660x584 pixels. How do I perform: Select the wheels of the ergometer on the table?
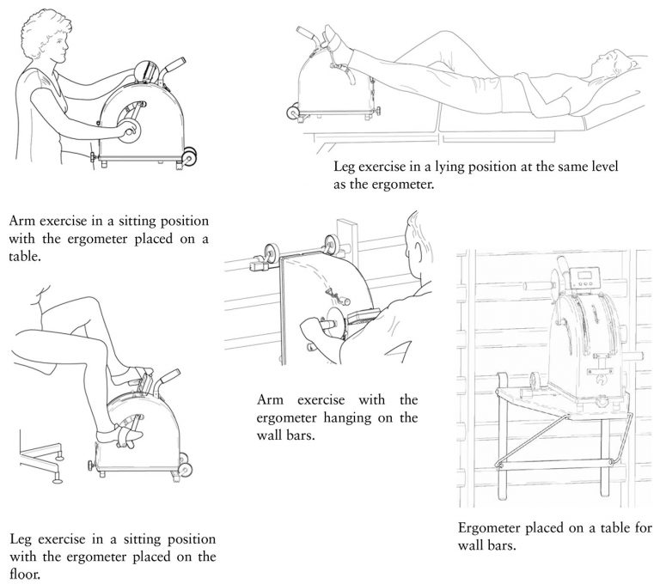[x=189, y=156]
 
